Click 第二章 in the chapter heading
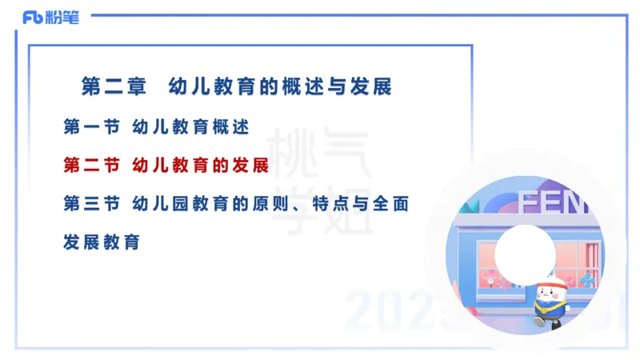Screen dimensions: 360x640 click(x=114, y=86)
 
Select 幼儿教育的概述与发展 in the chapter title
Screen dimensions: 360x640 click(x=281, y=86)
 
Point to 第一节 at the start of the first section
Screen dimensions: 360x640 click(x=91, y=126)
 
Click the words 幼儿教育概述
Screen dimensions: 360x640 click(x=191, y=126)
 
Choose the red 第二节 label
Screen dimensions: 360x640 click(x=91, y=166)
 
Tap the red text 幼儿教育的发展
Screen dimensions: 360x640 click(x=200, y=166)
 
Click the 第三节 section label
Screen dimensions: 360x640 click(x=91, y=204)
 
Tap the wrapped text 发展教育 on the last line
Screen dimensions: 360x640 click(x=102, y=242)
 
